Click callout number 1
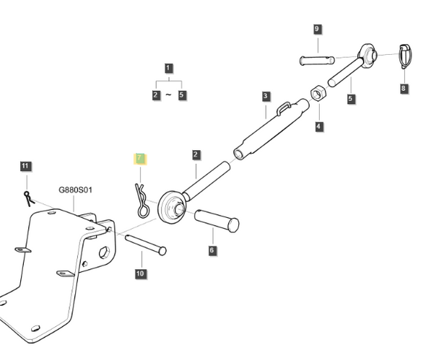tap(168, 69)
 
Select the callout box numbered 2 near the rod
tap(196, 154)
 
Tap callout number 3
tap(266, 96)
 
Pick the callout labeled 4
tap(318, 126)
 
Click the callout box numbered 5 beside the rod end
tap(351, 99)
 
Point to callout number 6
tap(212, 250)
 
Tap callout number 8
tap(403, 89)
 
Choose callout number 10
tap(140, 273)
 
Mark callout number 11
tap(25, 167)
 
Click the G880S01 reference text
tap(76, 191)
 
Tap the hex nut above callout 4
tap(318, 95)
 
